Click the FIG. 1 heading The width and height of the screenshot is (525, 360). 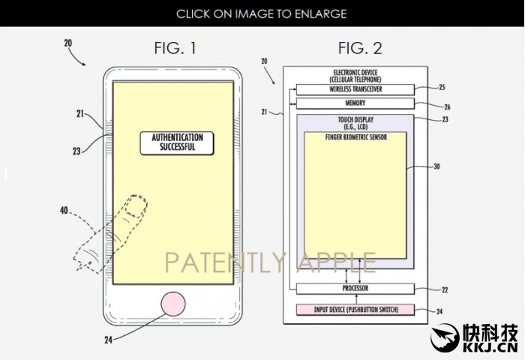click(175, 48)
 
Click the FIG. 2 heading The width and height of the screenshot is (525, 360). click(360, 48)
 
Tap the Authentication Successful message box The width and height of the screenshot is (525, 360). click(177, 143)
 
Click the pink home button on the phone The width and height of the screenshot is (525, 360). click(173, 304)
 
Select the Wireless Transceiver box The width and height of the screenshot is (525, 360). click(355, 89)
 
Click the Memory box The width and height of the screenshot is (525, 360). click(355, 103)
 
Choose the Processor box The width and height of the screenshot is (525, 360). click(355, 288)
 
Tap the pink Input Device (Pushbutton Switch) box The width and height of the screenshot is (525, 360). click(355, 310)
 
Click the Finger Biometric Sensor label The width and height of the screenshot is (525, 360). click(356, 137)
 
